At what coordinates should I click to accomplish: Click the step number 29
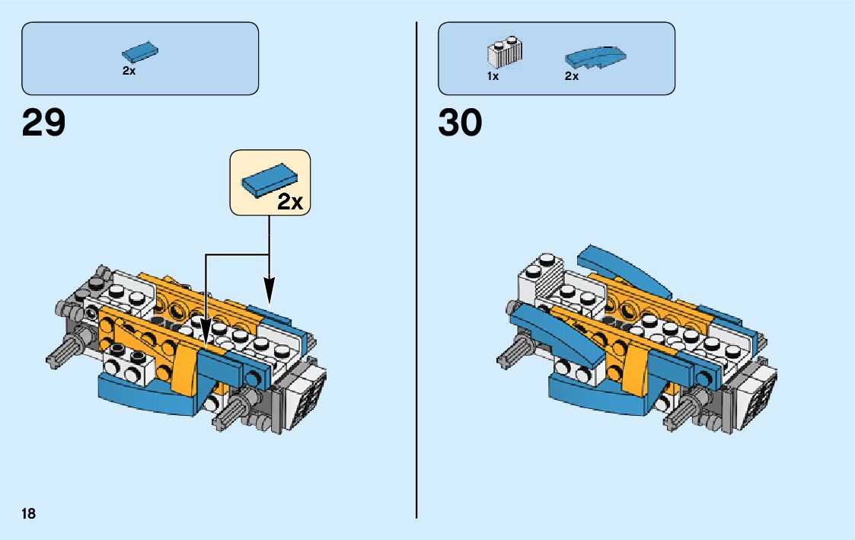tap(44, 123)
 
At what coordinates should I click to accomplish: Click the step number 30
tap(460, 123)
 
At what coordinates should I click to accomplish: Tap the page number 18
tap(28, 513)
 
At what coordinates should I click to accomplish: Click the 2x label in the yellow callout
tap(290, 202)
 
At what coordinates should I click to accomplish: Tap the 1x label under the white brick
tap(493, 76)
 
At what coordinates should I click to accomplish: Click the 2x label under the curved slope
tap(572, 76)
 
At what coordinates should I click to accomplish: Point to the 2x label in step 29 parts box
tap(129, 71)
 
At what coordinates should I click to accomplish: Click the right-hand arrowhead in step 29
tap(269, 289)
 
